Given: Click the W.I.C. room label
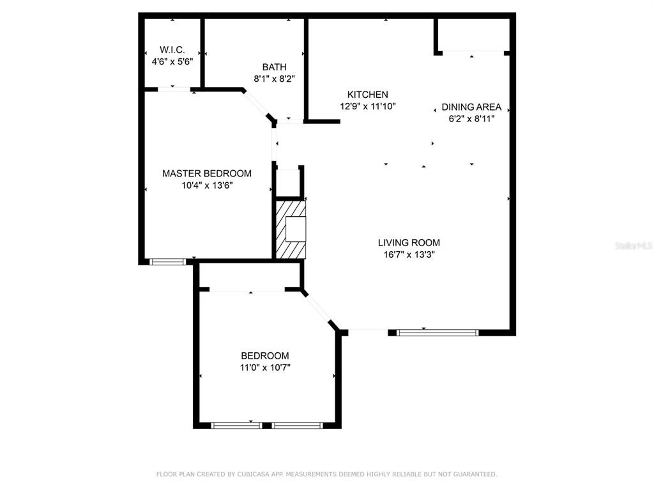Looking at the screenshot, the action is (172, 50).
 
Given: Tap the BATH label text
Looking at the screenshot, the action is (275, 66).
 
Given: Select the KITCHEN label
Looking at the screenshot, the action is (368, 95).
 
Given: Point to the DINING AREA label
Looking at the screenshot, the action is (471, 107).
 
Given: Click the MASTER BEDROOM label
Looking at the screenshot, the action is (207, 173).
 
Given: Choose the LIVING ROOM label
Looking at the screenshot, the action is (409, 242).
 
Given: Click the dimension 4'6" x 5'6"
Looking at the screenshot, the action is (172, 62).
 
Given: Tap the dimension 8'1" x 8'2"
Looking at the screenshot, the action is (275, 79).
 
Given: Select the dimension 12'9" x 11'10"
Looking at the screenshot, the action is (368, 107).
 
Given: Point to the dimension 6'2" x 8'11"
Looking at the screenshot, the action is (472, 119).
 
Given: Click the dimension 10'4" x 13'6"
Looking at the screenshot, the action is (208, 185).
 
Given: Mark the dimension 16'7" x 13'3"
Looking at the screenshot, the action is (409, 254).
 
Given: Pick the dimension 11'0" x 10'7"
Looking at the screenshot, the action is (265, 368).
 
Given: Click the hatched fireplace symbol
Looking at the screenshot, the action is (291, 230).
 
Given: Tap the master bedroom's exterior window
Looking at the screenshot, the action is (168, 261).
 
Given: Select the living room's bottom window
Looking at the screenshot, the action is (437, 332).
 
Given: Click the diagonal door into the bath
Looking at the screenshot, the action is (257, 104).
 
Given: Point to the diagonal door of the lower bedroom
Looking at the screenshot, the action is (319, 309).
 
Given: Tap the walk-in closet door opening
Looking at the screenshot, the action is (174, 88).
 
